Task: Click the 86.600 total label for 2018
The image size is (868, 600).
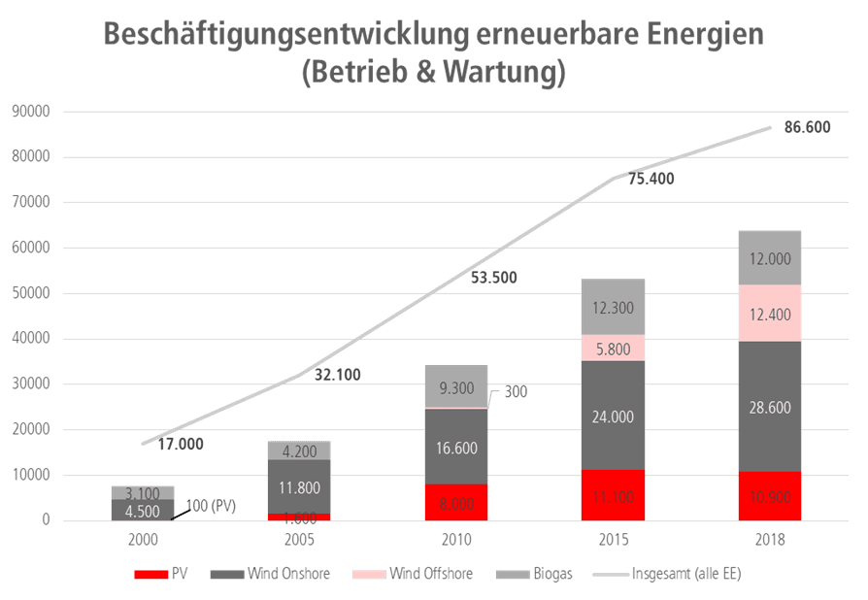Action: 807,127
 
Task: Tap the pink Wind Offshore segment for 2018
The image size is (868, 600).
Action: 770,313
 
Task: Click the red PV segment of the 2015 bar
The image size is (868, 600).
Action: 614,495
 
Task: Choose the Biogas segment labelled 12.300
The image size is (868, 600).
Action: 614,307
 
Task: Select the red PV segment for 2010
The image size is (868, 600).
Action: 457,503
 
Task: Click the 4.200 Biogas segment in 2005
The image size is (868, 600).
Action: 299,450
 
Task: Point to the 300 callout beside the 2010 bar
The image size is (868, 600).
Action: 516,391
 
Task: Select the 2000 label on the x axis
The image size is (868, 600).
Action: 143,539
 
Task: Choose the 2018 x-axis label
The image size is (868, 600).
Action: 770,539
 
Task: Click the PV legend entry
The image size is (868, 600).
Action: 165,574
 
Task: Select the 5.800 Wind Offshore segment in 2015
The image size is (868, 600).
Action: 614,349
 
